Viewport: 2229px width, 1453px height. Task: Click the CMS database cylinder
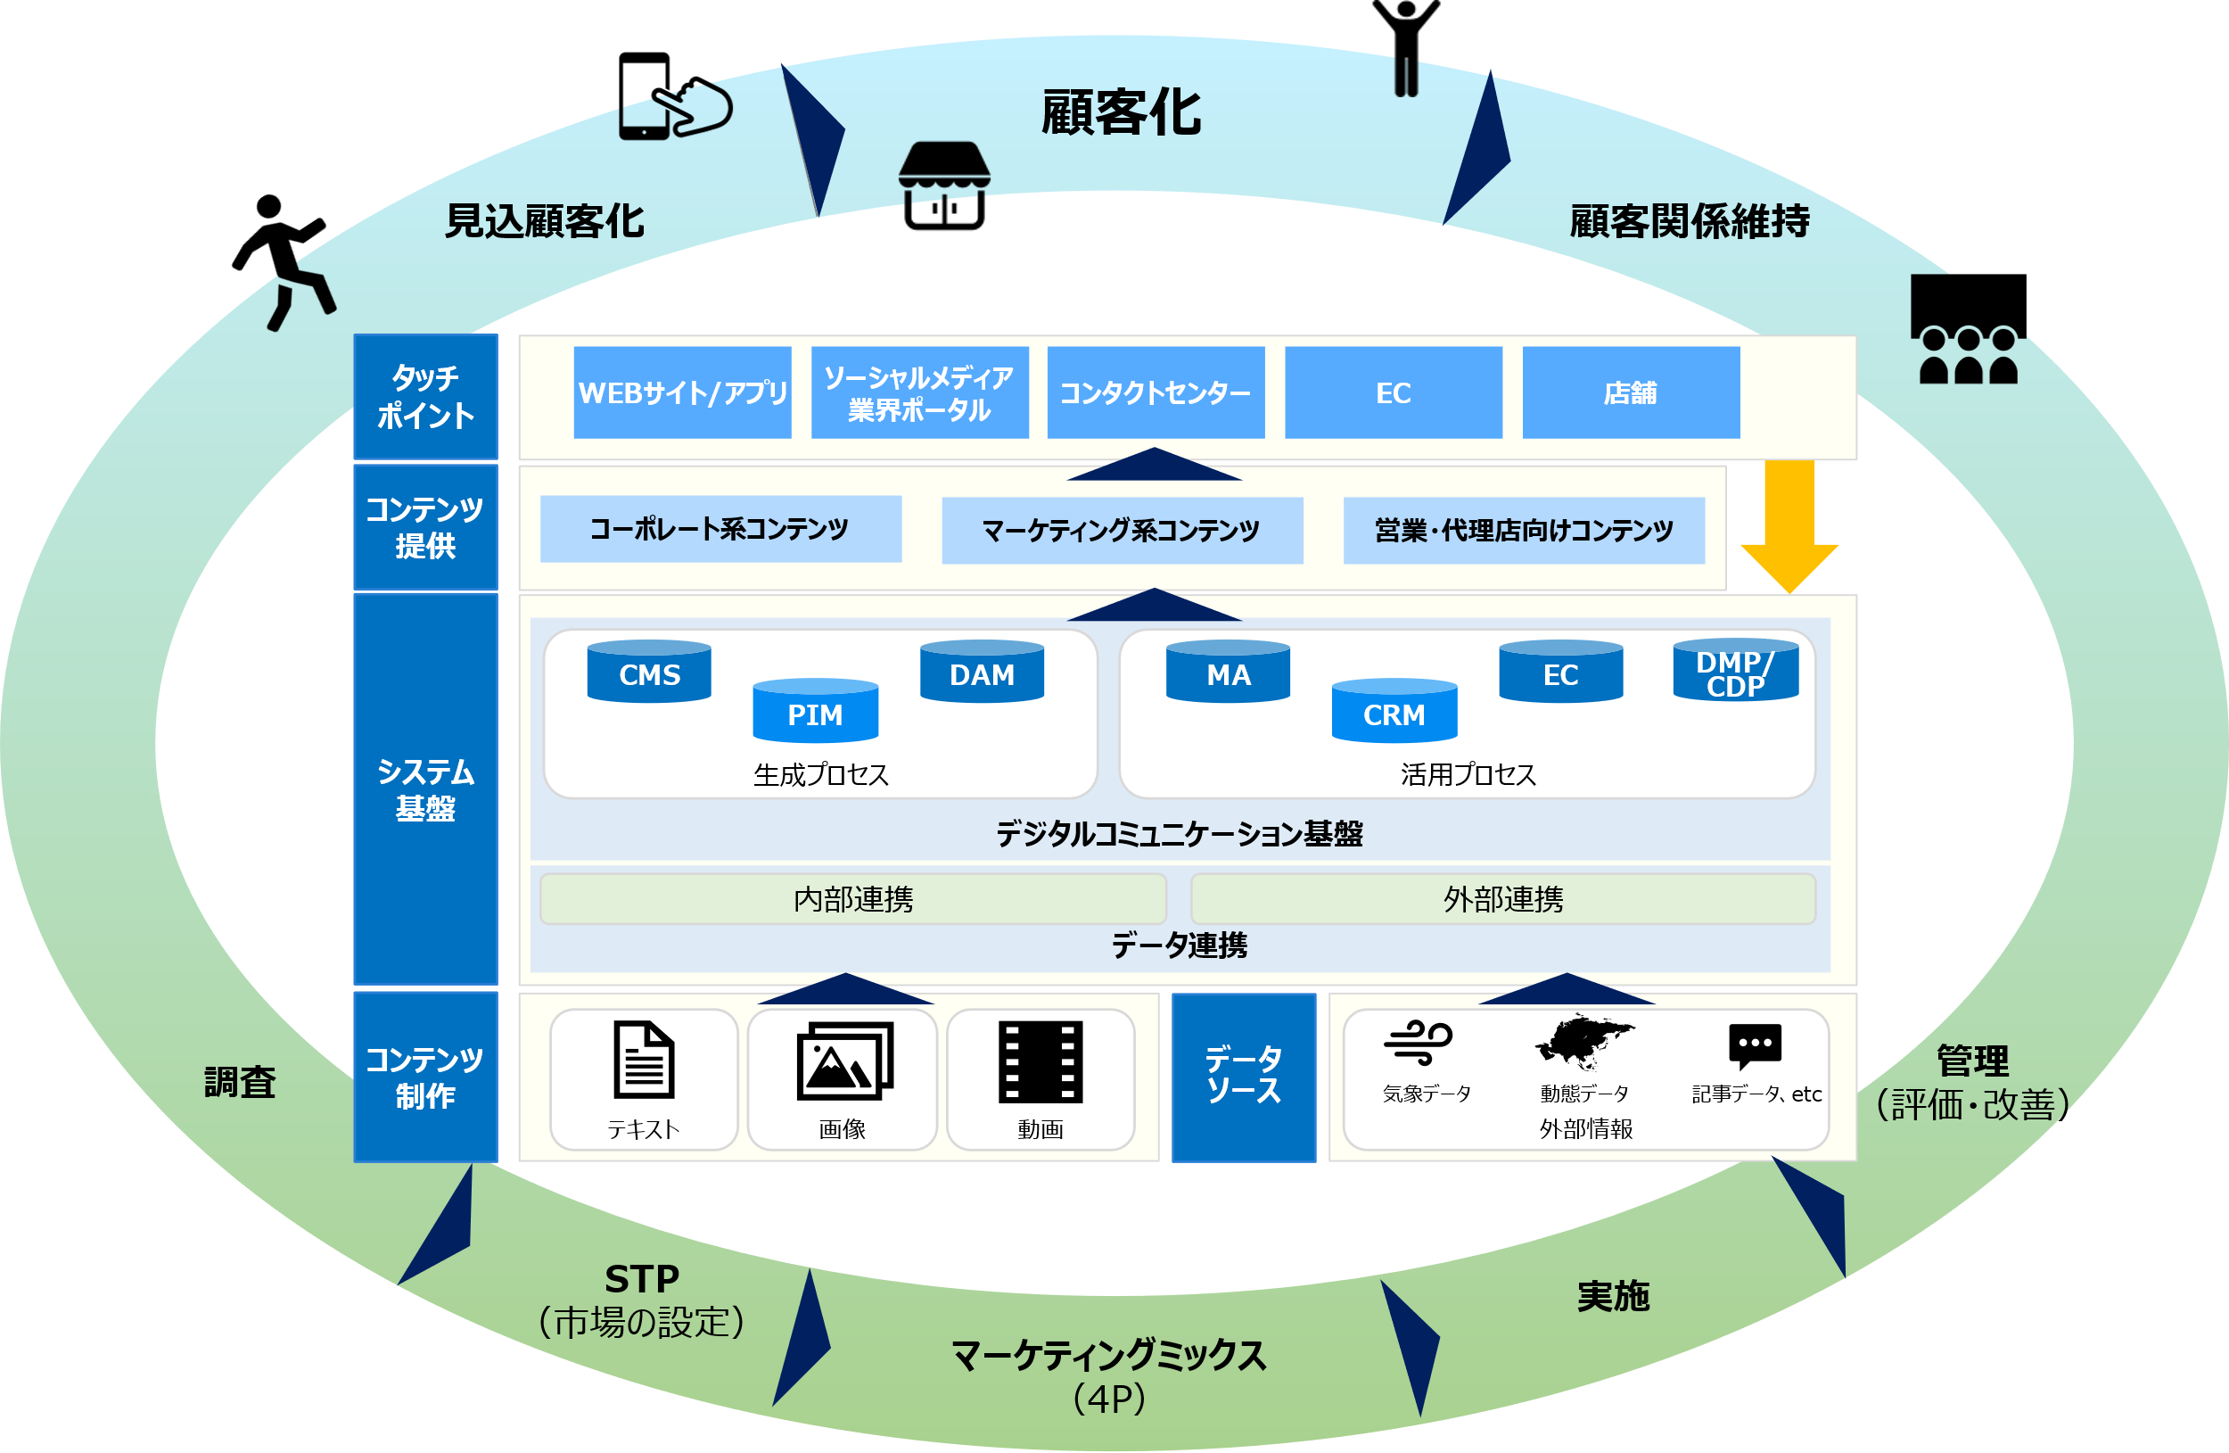pos(649,672)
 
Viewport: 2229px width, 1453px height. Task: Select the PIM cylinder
pos(815,711)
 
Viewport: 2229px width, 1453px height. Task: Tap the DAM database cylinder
pos(982,672)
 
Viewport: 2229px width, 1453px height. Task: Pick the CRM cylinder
pos(1394,711)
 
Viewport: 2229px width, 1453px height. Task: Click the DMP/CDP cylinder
pos(1734,672)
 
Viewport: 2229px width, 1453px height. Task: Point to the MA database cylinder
pos(1228,672)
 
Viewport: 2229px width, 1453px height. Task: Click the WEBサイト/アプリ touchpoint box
pos(682,392)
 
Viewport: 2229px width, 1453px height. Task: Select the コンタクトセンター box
pos(1155,392)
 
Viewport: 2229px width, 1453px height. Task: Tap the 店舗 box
pos(1631,392)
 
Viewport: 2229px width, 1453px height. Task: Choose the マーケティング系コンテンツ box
pos(1121,530)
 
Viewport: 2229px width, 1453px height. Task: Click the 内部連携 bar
pos(852,898)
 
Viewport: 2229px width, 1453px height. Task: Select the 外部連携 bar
pos(1502,898)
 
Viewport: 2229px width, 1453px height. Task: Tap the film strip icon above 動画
pos(1040,1061)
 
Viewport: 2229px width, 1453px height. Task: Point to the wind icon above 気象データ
pos(1418,1042)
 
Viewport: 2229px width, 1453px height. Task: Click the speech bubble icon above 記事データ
pos(1754,1044)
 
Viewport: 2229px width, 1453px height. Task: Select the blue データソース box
pos(1243,1077)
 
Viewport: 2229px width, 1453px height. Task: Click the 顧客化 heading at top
pos(1120,112)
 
